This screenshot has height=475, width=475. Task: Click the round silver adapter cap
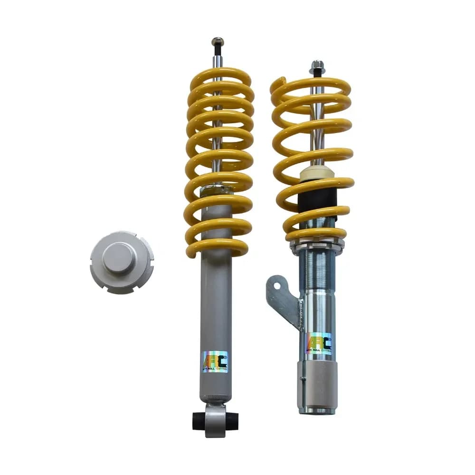pos(122,262)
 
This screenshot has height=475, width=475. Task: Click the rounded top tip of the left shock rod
pos(218,41)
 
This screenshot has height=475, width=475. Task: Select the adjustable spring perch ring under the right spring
pos(317,244)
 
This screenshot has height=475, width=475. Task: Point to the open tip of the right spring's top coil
pos(278,83)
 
